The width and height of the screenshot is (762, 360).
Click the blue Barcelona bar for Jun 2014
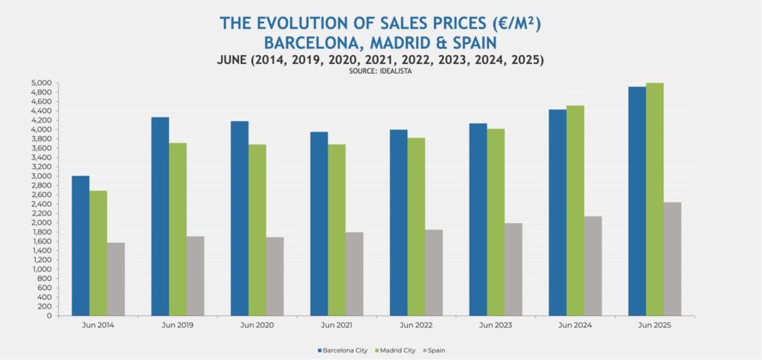80,245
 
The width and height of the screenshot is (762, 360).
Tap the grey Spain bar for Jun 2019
195,276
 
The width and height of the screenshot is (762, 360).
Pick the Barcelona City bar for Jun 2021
318,224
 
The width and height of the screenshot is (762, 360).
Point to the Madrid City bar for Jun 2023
496,222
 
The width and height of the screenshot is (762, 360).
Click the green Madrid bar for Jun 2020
257,230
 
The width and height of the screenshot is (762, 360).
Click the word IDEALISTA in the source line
399,71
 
